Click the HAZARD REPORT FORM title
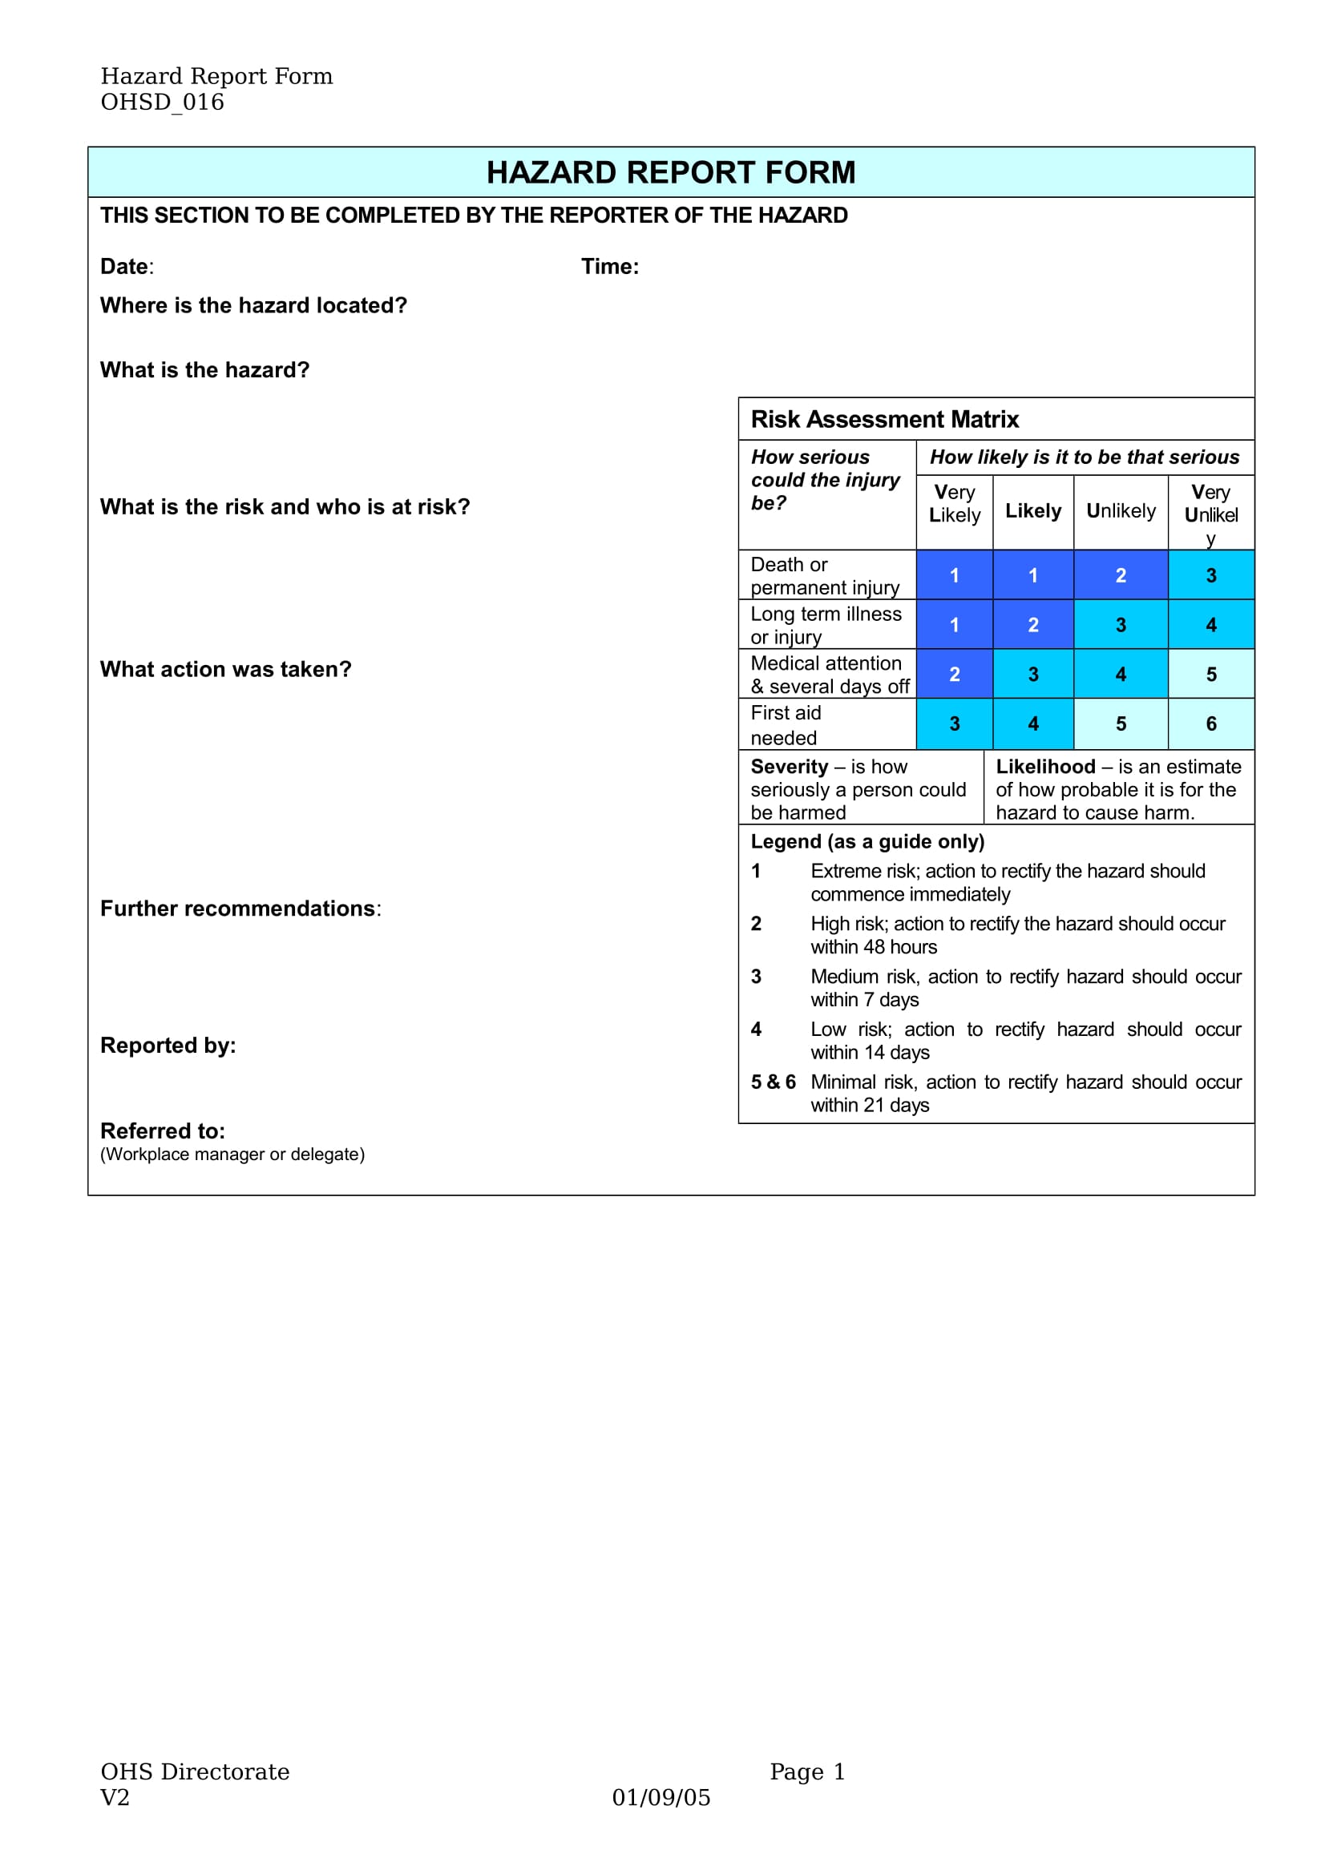click(670, 172)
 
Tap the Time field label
click(609, 266)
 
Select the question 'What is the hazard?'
click(204, 369)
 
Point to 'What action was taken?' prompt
click(225, 669)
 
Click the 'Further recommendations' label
click(237, 909)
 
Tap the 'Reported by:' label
click(168, 1046)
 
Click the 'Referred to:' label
click(163, 1131)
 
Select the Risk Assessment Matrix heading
click(884, 419)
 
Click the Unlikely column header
click(1120, 511)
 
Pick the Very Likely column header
click(954, 504)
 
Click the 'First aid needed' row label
click(785, 725)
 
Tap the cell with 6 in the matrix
click(1210, 724)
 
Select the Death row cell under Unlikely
click(1120, 575)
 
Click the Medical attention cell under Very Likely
click(954, 674)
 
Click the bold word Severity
click(789, 767)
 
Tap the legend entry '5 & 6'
click(772, 1082)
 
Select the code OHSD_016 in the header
click(162, 102)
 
